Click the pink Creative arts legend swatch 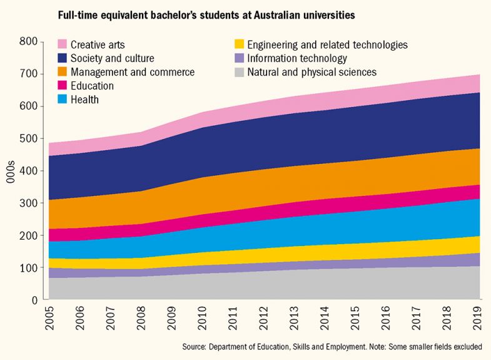[62, 44]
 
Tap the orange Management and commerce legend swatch [62, 72]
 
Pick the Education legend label [92, 86]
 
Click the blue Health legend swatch [62, 100]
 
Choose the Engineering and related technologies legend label [327, 44]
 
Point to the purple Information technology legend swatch [238, 58]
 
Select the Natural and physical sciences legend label [311, 72]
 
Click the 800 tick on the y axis [29, 42]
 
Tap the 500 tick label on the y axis [29, 138]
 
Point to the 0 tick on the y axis [36, 300]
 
